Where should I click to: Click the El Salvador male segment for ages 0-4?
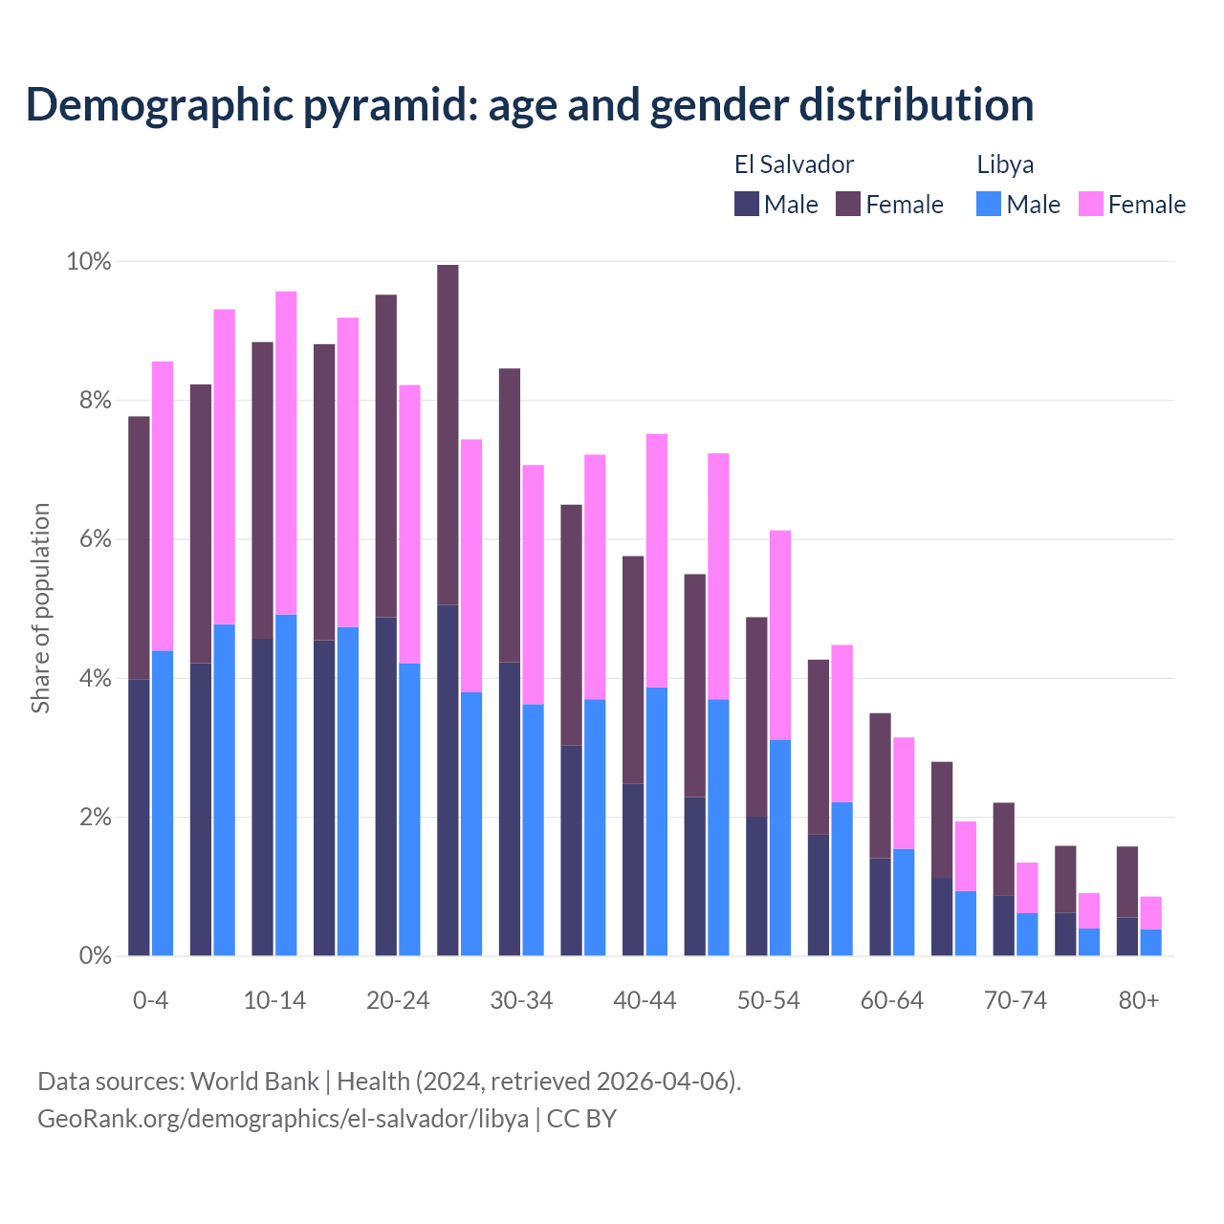[139, 818]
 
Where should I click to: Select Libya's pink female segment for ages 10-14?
[286, 453]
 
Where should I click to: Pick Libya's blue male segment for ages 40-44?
[657, 821]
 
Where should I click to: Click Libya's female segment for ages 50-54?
[780, 635]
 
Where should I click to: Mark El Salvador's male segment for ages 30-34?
[509, 809]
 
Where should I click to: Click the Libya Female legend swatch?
[1090, 204]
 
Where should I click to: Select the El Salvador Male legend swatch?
[747, 204]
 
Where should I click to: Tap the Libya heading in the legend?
[1005, 164]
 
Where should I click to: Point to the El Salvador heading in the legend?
[794, 164]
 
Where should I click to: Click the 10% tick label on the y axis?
[88, 261]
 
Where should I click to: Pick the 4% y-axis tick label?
[95, 679]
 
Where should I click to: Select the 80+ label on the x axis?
[1139, 1001]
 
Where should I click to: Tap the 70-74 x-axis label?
[1016, 1001]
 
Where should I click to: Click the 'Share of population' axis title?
[40, 608]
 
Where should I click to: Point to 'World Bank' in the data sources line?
[254, 1082]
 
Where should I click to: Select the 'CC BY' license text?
[581, 1119]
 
